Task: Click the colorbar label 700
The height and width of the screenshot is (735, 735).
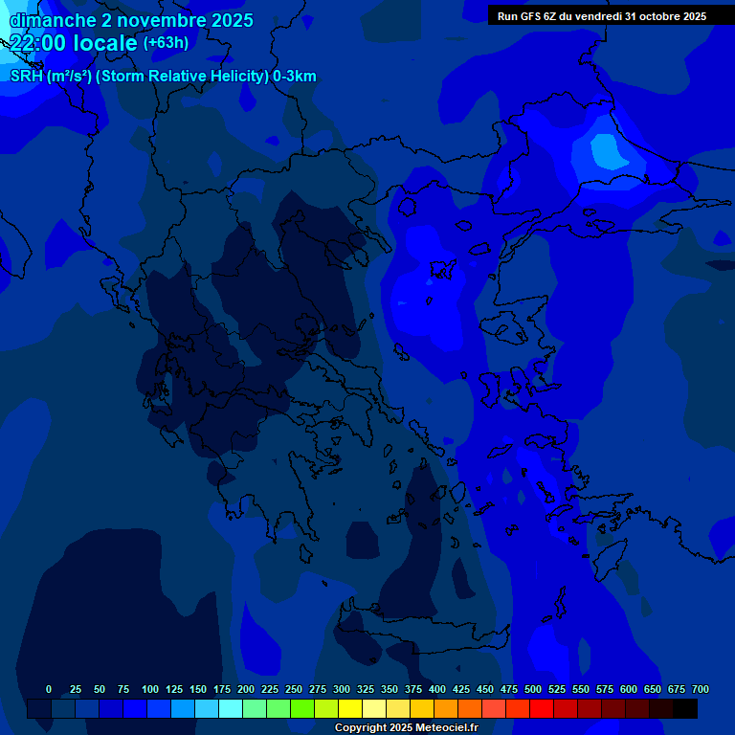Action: click(701, 689)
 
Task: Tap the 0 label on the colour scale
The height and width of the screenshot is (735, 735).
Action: click(49, 689)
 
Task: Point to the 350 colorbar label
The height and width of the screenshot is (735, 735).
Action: click(390, 689)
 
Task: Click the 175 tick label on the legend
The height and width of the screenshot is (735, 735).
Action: click(222, 689)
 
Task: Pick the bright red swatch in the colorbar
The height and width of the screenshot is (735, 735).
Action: click(542, 708)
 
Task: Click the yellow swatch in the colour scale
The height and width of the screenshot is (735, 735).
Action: click(350, 708)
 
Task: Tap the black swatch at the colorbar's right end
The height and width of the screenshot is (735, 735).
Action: click(685, 708)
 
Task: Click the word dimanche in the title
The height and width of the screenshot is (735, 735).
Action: click(53, 20)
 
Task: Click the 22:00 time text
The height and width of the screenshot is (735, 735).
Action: click(39, 43)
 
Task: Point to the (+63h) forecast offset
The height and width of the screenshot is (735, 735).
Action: click(166, 43)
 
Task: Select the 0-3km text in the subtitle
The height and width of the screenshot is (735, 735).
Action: click(295, 77)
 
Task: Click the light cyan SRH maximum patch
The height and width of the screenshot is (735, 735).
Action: click(605, 150)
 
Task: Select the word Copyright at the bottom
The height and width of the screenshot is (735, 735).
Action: click(362, 728)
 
